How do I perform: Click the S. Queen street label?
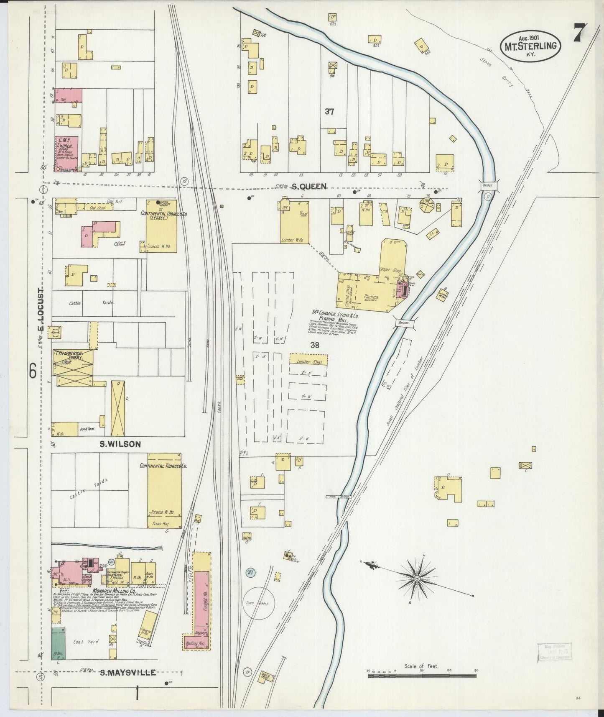point(309,187)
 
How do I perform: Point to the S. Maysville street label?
point(128,673)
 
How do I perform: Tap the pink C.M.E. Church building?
point(66,153)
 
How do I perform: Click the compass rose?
point(416,579)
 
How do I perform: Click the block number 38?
point(315,345)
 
